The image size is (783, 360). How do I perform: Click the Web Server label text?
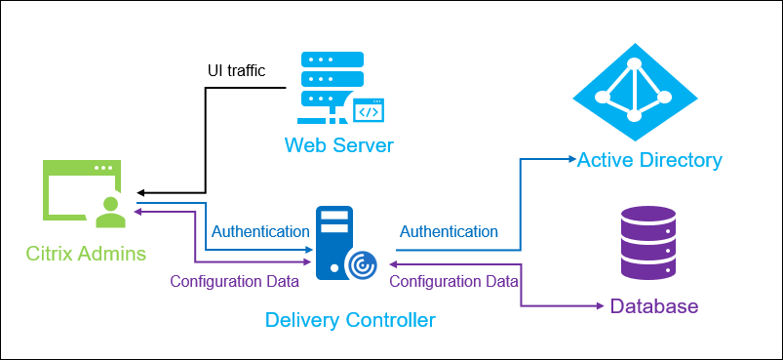click(x=338, y=146)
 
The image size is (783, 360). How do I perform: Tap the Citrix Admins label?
click(x=88, y=254)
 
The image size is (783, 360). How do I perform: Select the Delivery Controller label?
click(x=350, y=319)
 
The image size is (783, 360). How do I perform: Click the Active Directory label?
click(x=649, y=160)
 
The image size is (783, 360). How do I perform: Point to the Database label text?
click(x=654, y=306)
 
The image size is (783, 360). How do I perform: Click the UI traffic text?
click(x=236, y=71)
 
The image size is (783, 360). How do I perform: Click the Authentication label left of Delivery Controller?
click(x=260, y=232)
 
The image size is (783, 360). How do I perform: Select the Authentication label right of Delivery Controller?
click(x=449, y=232)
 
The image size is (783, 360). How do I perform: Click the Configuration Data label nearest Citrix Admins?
click(x=234, y=282)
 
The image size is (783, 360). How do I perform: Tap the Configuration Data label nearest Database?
click(x=453, y=282)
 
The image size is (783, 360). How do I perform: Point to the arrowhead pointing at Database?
click(x=598, y=306)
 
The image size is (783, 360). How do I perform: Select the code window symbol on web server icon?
click(x=368, y=111)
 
